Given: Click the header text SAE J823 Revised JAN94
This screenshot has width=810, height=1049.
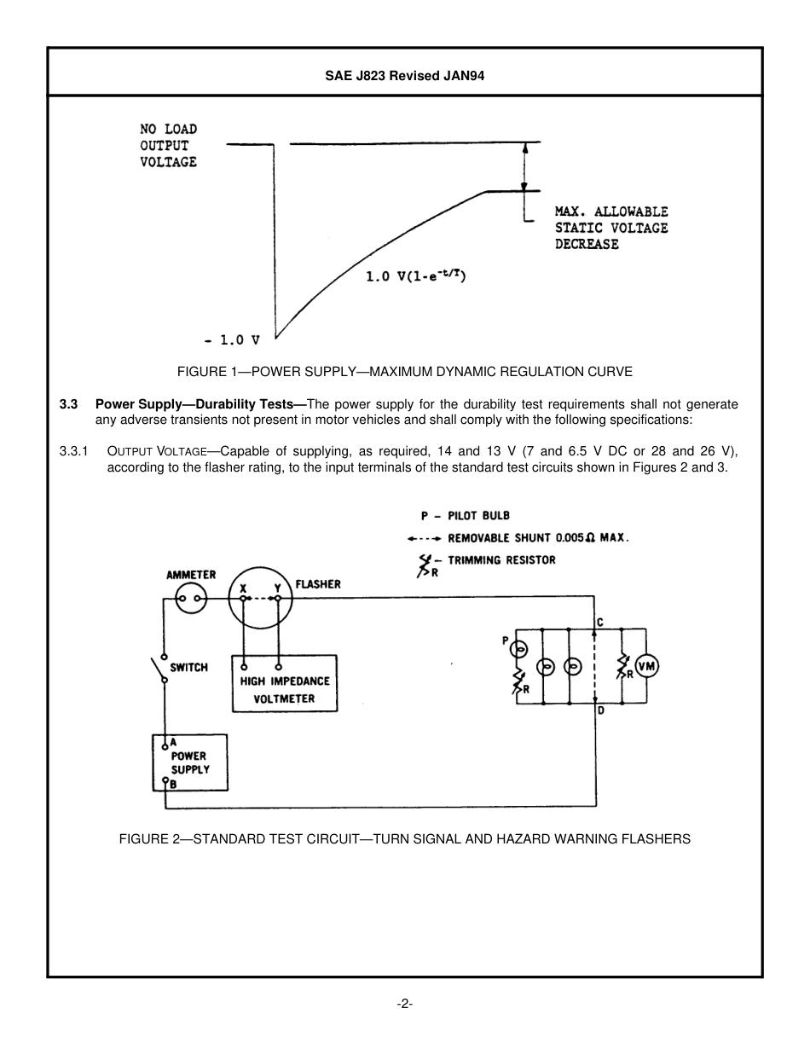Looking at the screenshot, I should [x=404, y=75].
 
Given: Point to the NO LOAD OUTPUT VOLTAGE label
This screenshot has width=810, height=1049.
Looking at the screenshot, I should [x=169, y=145].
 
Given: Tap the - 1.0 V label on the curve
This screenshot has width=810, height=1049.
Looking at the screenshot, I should [x=231, y=339].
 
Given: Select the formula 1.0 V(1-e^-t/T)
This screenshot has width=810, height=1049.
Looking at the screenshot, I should [x=415, y=275].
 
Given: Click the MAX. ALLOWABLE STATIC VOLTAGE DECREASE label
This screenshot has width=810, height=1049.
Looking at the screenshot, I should [x=610, y=228].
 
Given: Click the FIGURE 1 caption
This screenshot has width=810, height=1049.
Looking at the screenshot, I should [x=404, y=372].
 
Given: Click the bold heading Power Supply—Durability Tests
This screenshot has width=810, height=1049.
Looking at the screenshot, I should [x=200, y=404].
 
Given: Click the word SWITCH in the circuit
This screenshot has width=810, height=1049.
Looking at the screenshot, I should [x=188, y=667].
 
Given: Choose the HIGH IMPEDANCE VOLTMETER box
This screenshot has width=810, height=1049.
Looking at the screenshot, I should [x=285, y=690].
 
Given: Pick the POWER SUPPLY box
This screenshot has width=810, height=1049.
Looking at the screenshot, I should [x=189, y=762].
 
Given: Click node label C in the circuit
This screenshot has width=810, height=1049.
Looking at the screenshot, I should [x=600, y=623].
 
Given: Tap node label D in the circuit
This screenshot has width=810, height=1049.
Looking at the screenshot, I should [x=600, y=710].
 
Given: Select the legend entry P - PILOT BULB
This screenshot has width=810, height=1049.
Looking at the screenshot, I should [x=465, y=516].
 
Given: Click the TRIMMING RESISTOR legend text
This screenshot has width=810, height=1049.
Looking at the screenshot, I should [x=501, y=560].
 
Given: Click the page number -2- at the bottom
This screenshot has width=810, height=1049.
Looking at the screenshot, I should [x=404, y=1004].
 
